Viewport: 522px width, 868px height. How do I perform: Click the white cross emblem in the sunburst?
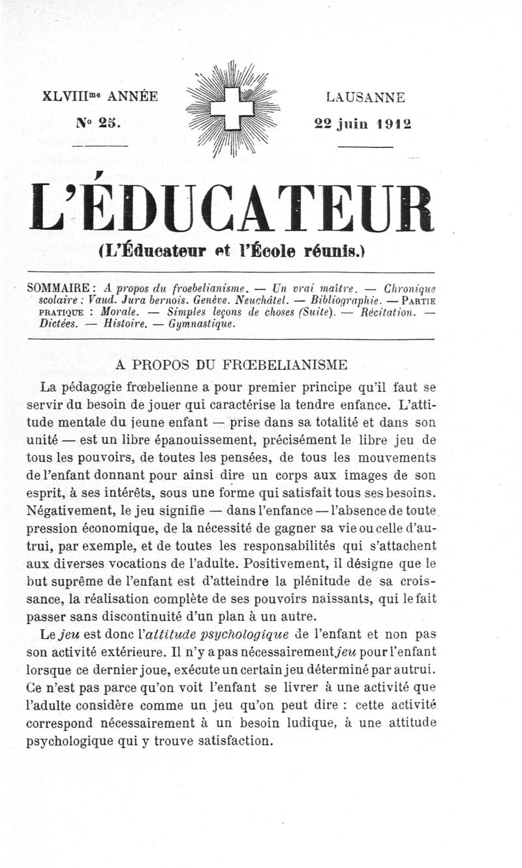[x=232, y=108]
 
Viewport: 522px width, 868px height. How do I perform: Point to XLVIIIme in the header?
[x=72, y=97]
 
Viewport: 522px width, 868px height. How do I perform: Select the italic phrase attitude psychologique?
[x=219, y=633]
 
